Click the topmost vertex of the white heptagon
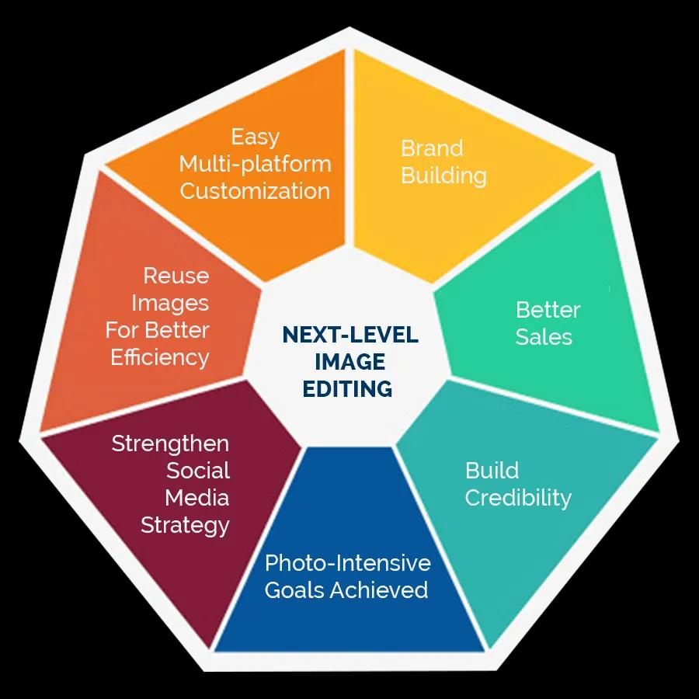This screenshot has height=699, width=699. (x=349, y=27)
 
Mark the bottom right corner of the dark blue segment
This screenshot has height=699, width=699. (x=485, y=652)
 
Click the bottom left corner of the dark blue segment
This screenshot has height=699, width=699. (x=214, y=652)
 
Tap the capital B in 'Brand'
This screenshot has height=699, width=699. (x=408, y=148)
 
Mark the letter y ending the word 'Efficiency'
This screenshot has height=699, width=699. (x=203, y=360)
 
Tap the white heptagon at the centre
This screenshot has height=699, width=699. (x=349, y=352)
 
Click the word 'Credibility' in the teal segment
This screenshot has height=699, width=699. (x=518, y=499)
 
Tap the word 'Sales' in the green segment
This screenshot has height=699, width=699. (x=544, y=337)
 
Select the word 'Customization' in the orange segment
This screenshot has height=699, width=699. (x=255, y=191)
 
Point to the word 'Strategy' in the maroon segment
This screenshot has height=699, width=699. (x=185, y=526)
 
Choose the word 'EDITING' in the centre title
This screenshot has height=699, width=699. (x=348, y=389)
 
